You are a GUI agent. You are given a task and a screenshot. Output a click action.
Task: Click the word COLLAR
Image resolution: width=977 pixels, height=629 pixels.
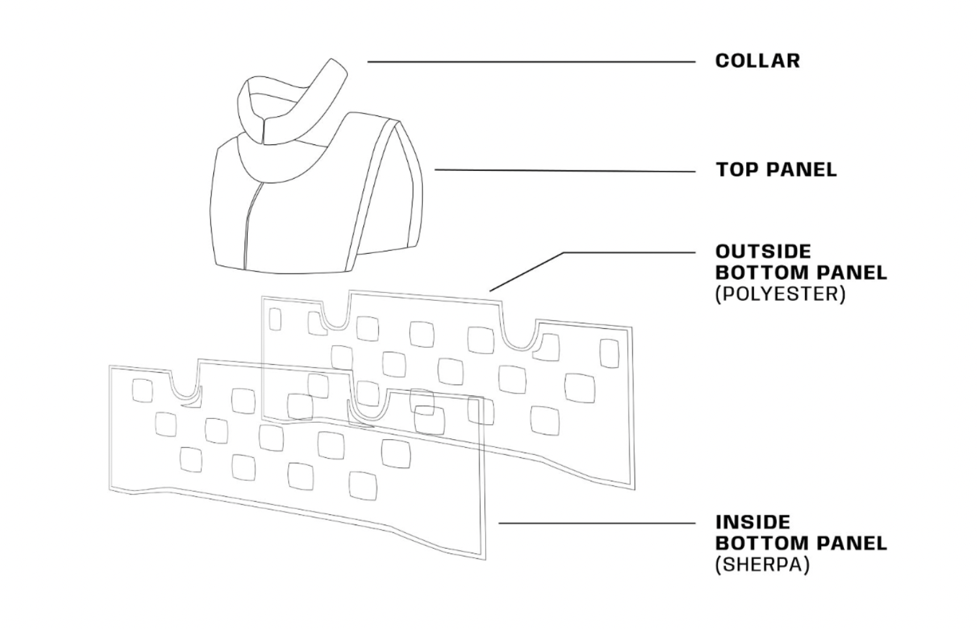point(757,61)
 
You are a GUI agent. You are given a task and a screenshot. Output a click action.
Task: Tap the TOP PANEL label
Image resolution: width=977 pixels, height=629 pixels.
point(776,170)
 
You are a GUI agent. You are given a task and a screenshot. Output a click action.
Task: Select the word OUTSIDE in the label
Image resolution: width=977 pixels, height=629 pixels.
point(763,252)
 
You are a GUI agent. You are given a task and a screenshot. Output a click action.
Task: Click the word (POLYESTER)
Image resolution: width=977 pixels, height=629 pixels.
point(780,294)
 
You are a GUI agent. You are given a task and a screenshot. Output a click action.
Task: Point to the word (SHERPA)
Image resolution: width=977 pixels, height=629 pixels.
point(762,564)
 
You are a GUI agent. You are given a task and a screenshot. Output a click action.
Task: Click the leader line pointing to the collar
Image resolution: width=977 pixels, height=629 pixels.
point(532,62)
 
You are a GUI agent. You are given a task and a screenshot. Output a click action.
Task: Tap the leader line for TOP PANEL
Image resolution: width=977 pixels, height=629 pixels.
point(564,171)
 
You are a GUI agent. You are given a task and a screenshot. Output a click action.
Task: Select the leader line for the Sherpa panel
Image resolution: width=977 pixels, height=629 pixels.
point(597,523)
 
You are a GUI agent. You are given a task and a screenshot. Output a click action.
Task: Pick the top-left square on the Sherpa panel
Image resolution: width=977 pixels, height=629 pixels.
point(142,390)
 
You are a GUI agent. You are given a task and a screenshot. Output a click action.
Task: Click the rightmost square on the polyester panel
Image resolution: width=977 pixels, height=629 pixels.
point(609,353)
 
